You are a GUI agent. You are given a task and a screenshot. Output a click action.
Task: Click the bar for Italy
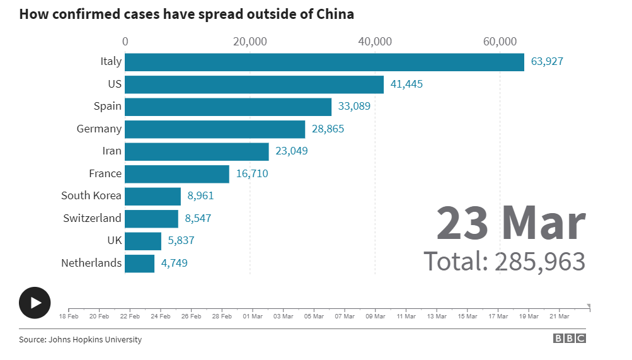(x=325, y=62)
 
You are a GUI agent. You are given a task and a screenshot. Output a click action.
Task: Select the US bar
(x=254, y=84)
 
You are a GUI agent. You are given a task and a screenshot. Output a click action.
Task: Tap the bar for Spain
(x=228, y=107)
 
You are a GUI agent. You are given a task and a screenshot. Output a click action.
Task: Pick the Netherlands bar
(x=139, y=263)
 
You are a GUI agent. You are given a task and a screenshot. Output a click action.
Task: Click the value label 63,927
(x=547, y=62)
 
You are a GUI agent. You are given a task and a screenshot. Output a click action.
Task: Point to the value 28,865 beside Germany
(x=328, y=129)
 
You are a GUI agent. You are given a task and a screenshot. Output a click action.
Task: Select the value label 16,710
(x=252, y=173)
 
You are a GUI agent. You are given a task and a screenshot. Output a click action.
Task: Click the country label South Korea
(x=91, y=195)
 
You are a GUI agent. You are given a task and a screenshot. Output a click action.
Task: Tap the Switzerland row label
(x=92, y=218)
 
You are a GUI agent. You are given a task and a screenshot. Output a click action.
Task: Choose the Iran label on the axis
(x=112, y=151)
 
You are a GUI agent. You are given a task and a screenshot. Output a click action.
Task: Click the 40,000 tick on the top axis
(x=375, y=42)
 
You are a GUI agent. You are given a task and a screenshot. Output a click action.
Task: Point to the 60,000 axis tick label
(x=500, y=42)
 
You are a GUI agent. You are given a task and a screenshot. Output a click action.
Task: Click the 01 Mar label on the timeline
(x=253, y=316)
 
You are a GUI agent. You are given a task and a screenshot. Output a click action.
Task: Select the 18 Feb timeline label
(x=69, y=316)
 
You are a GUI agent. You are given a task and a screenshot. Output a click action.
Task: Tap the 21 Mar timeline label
(x=560, y=316)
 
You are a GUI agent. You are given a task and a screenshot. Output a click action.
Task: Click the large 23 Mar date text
(x=511, y=224)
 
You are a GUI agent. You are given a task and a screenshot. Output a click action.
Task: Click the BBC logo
(x=570, y=339)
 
